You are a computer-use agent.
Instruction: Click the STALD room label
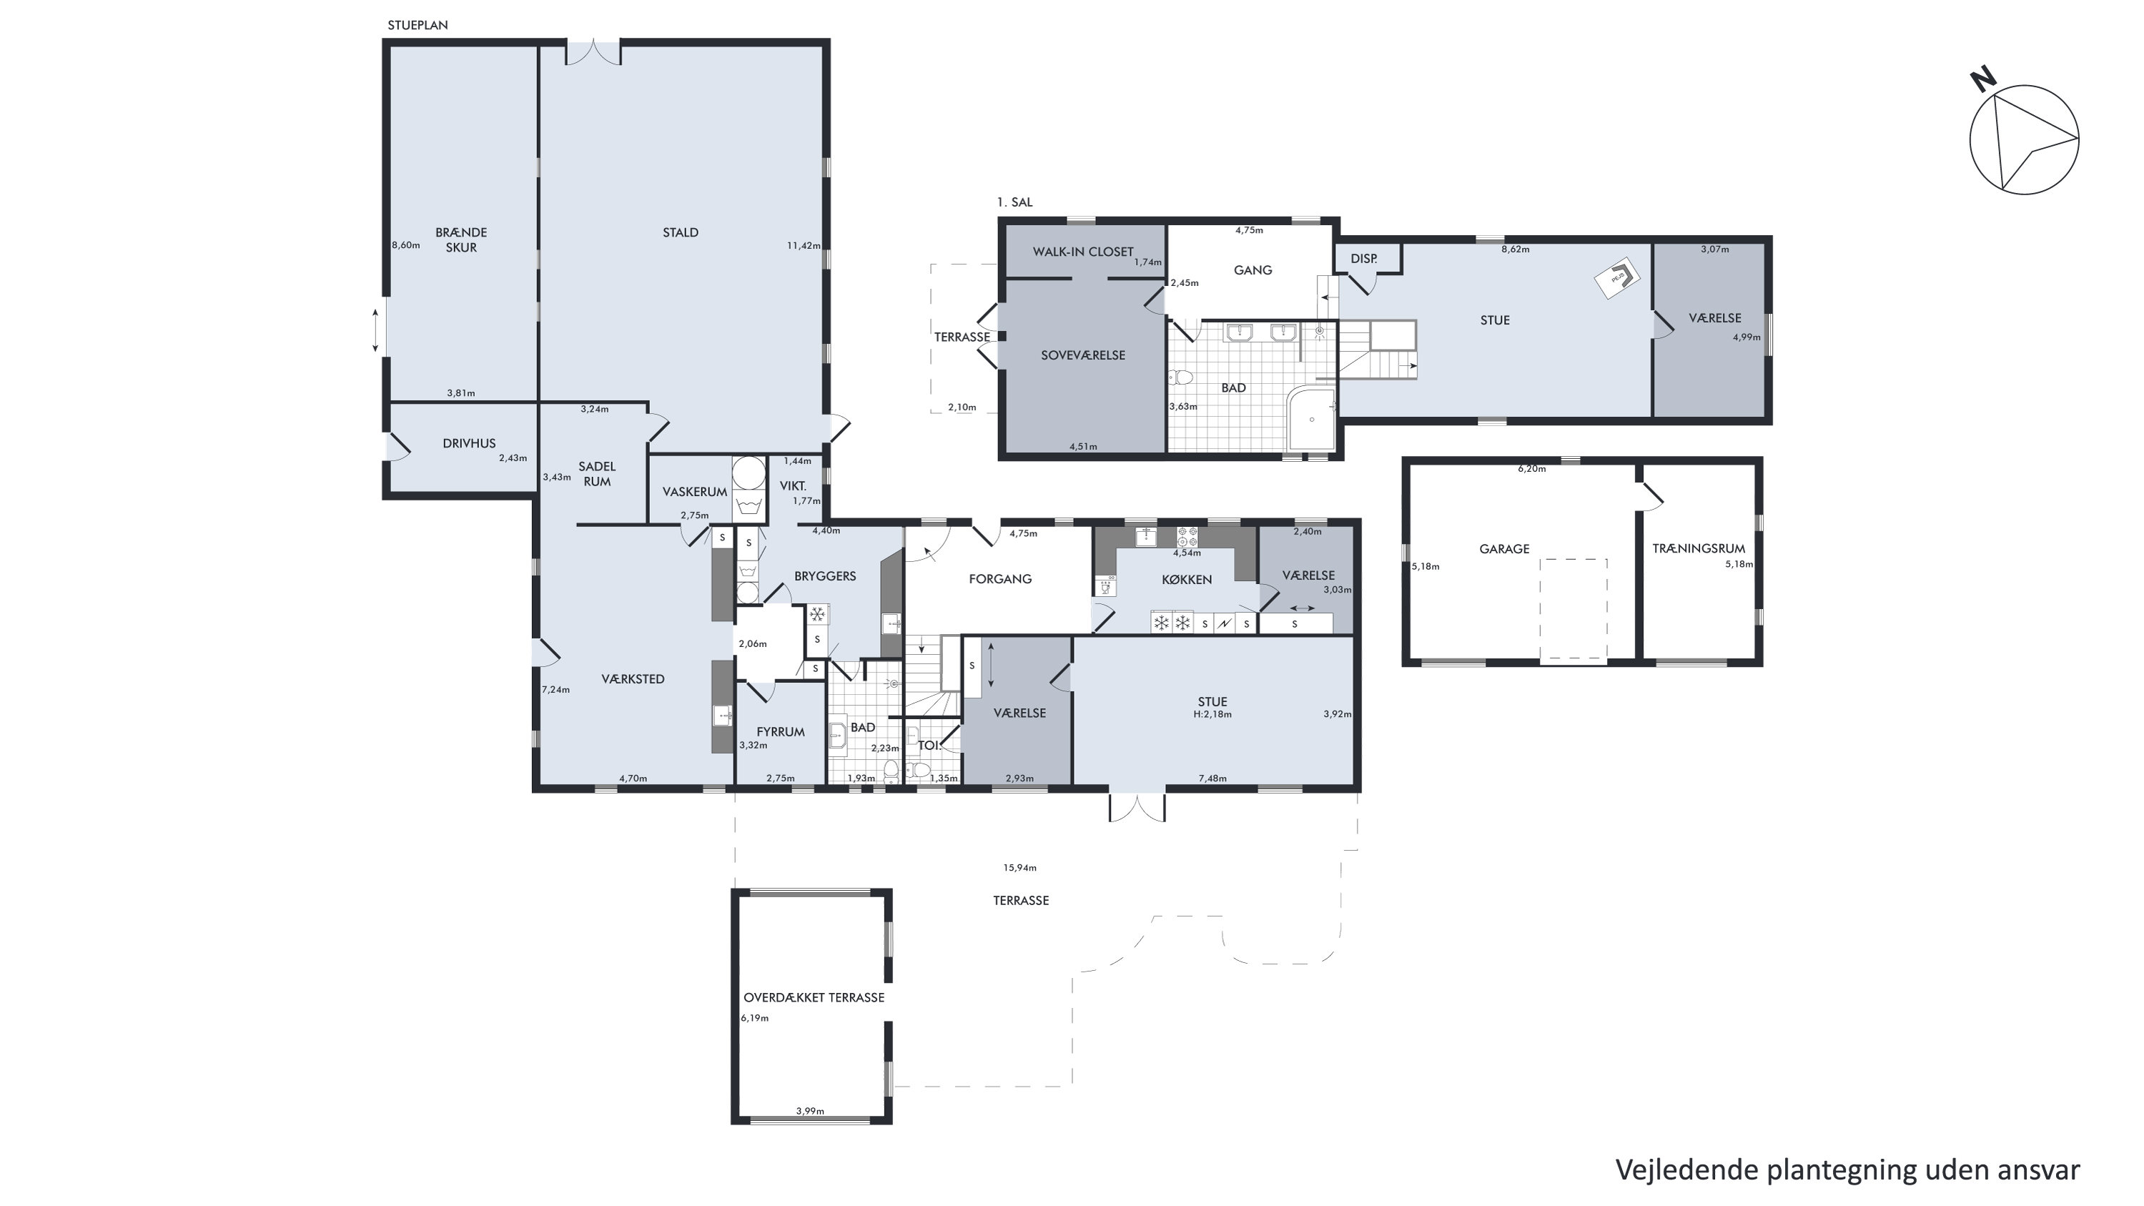tap(680, 233)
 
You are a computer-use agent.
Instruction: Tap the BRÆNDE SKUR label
tap(461, 239)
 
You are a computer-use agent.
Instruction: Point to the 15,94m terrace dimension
tap(1019, 868)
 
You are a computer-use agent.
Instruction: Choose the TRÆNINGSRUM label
tap(1699, 549)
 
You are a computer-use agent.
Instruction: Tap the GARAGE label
tap(1504, 549)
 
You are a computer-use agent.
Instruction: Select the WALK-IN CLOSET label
tap(1083, 252)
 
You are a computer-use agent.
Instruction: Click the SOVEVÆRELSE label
tap(1083, 355)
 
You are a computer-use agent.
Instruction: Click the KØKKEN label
tap(1187, 580)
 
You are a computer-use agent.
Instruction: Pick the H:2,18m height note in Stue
tap(1212, 714)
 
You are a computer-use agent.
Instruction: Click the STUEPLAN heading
tap(418, 26)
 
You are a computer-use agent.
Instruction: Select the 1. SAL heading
tap(1014, 202)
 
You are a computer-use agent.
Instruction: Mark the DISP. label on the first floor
tap(1363, 259)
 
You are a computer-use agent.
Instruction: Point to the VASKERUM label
tap(695, 492)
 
